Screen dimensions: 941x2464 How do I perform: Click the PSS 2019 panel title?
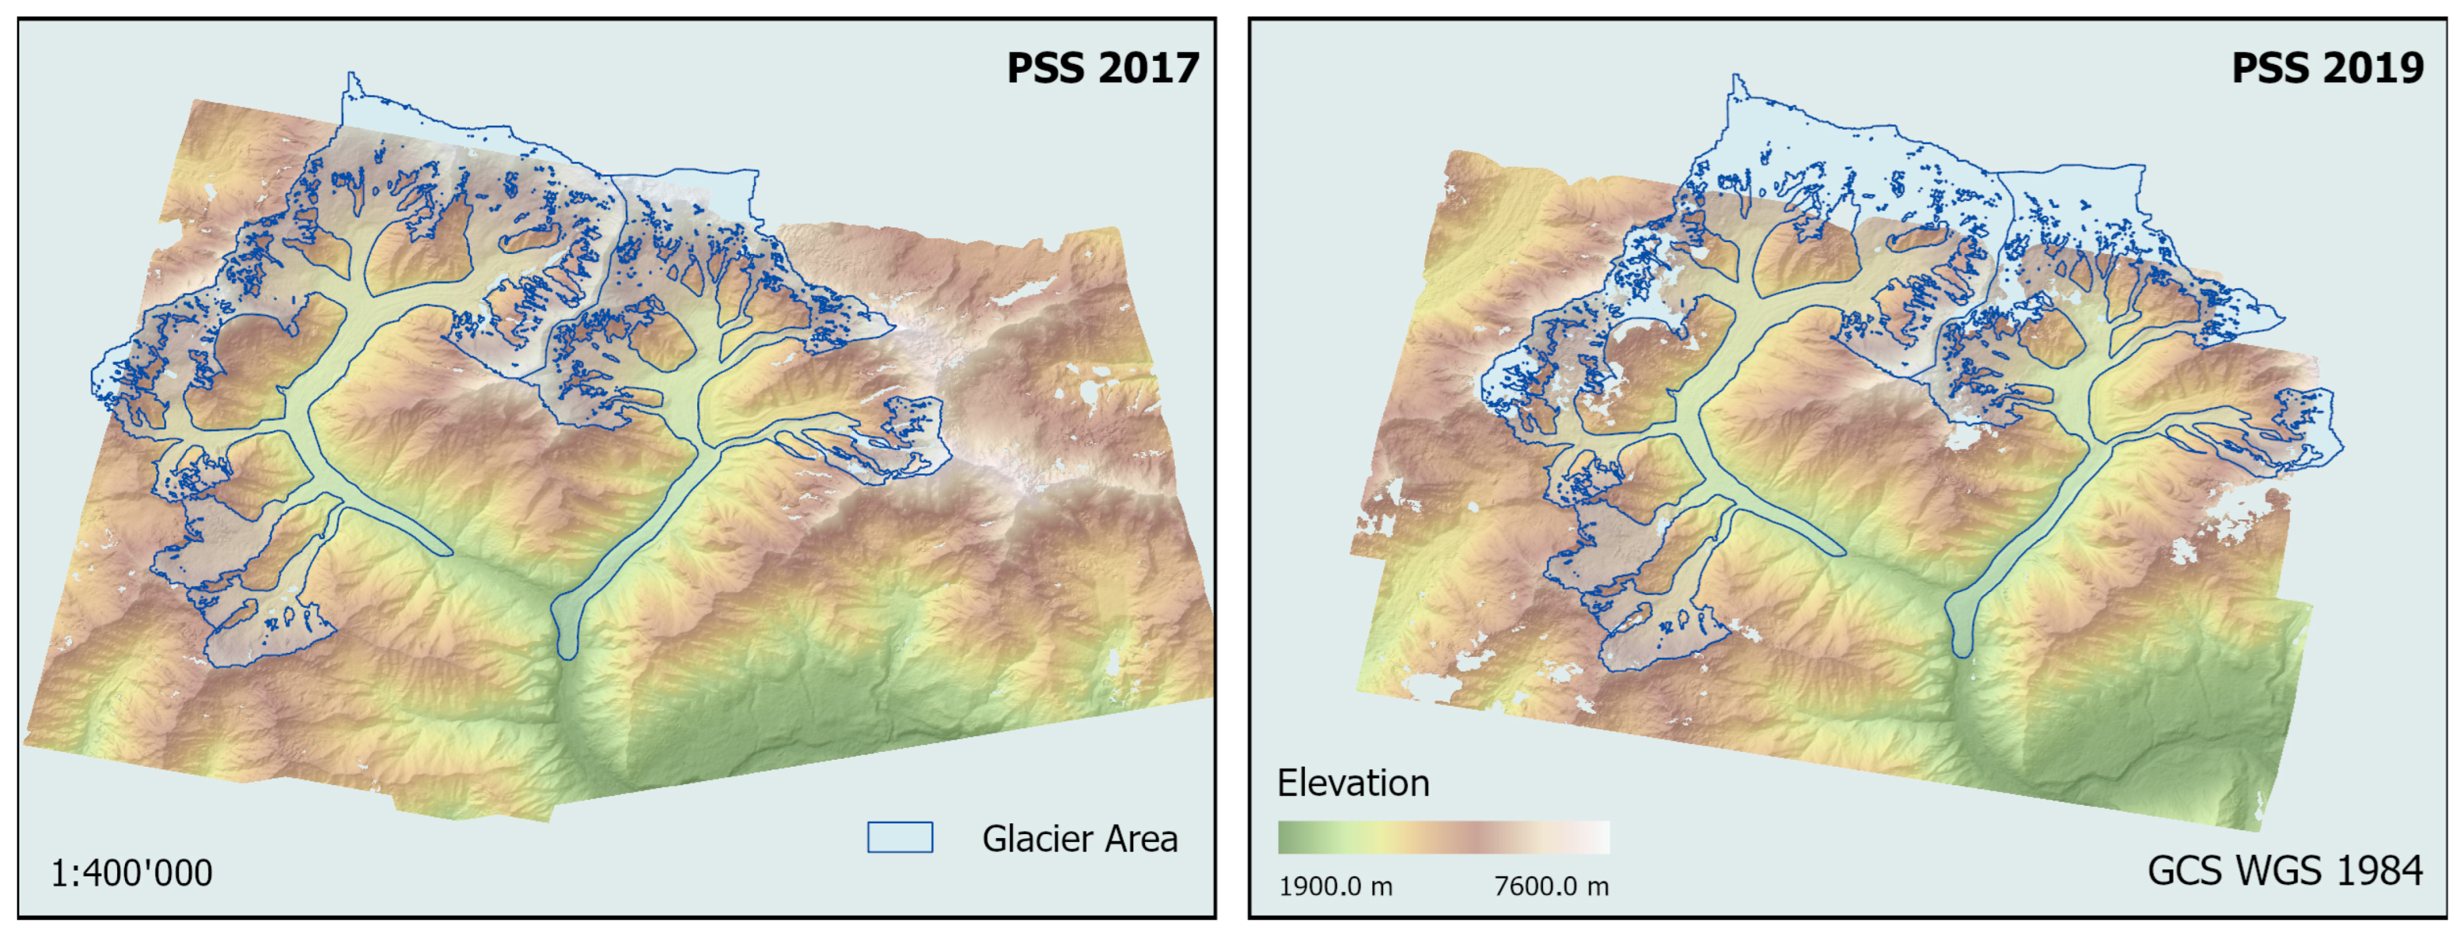(2326, 68)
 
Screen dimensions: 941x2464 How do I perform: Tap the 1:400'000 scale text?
(131, 872)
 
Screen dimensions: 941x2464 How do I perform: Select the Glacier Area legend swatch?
(899, 837)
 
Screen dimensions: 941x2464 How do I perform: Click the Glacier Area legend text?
(1079, 839)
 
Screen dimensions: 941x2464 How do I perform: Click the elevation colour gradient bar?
(1443, 837)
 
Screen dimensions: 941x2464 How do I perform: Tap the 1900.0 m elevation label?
(1336, 886)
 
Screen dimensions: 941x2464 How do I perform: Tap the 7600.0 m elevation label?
(1550, 886)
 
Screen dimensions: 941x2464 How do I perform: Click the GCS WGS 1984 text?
(2284, 870)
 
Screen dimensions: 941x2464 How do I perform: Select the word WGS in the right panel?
(2278, 870)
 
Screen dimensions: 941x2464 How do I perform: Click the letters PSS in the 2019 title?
(2273, 68)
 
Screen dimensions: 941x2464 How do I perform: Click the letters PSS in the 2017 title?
(1048, 68)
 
